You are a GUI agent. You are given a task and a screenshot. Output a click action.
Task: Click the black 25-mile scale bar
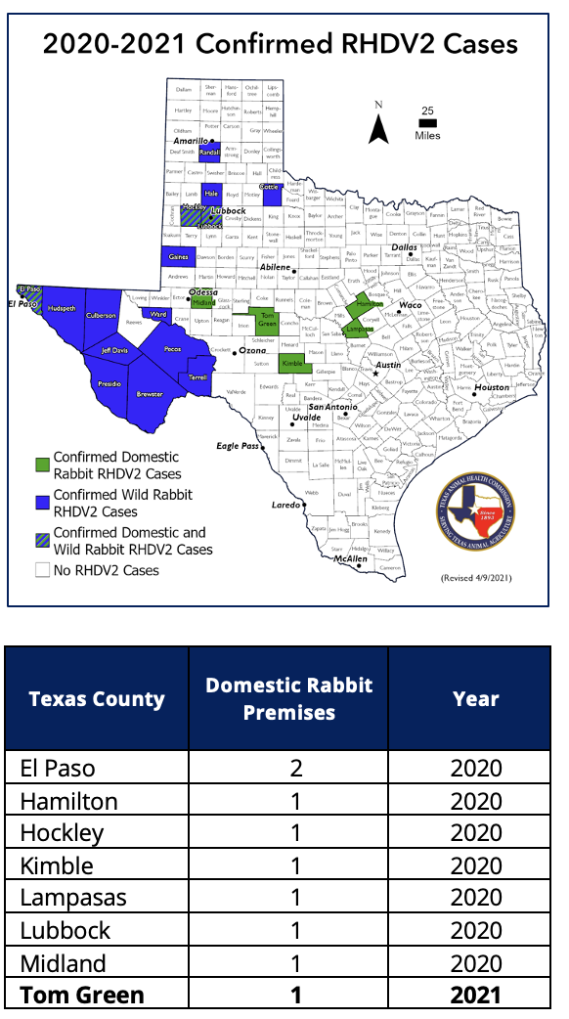coord(427,124)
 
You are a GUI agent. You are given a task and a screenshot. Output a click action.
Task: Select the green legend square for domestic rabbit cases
coord(42,465)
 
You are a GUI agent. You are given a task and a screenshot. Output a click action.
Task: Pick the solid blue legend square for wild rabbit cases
coord(42,503)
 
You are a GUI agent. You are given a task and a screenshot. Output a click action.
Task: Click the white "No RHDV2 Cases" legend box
coord(42,569)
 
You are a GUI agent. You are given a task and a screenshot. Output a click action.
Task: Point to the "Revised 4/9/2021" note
coord(476,579)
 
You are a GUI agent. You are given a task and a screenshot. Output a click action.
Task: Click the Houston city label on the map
coord(492,387)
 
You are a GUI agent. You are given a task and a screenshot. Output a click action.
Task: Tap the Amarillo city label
coord(190,142)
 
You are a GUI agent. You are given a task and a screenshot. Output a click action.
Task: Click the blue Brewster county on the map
coord(150,392)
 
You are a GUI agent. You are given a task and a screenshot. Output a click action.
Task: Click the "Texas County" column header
coord(97,698)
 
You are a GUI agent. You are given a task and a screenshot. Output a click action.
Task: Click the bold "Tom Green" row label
coord(82,995)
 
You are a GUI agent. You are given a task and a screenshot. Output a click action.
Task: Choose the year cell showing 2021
coord(476,995)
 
